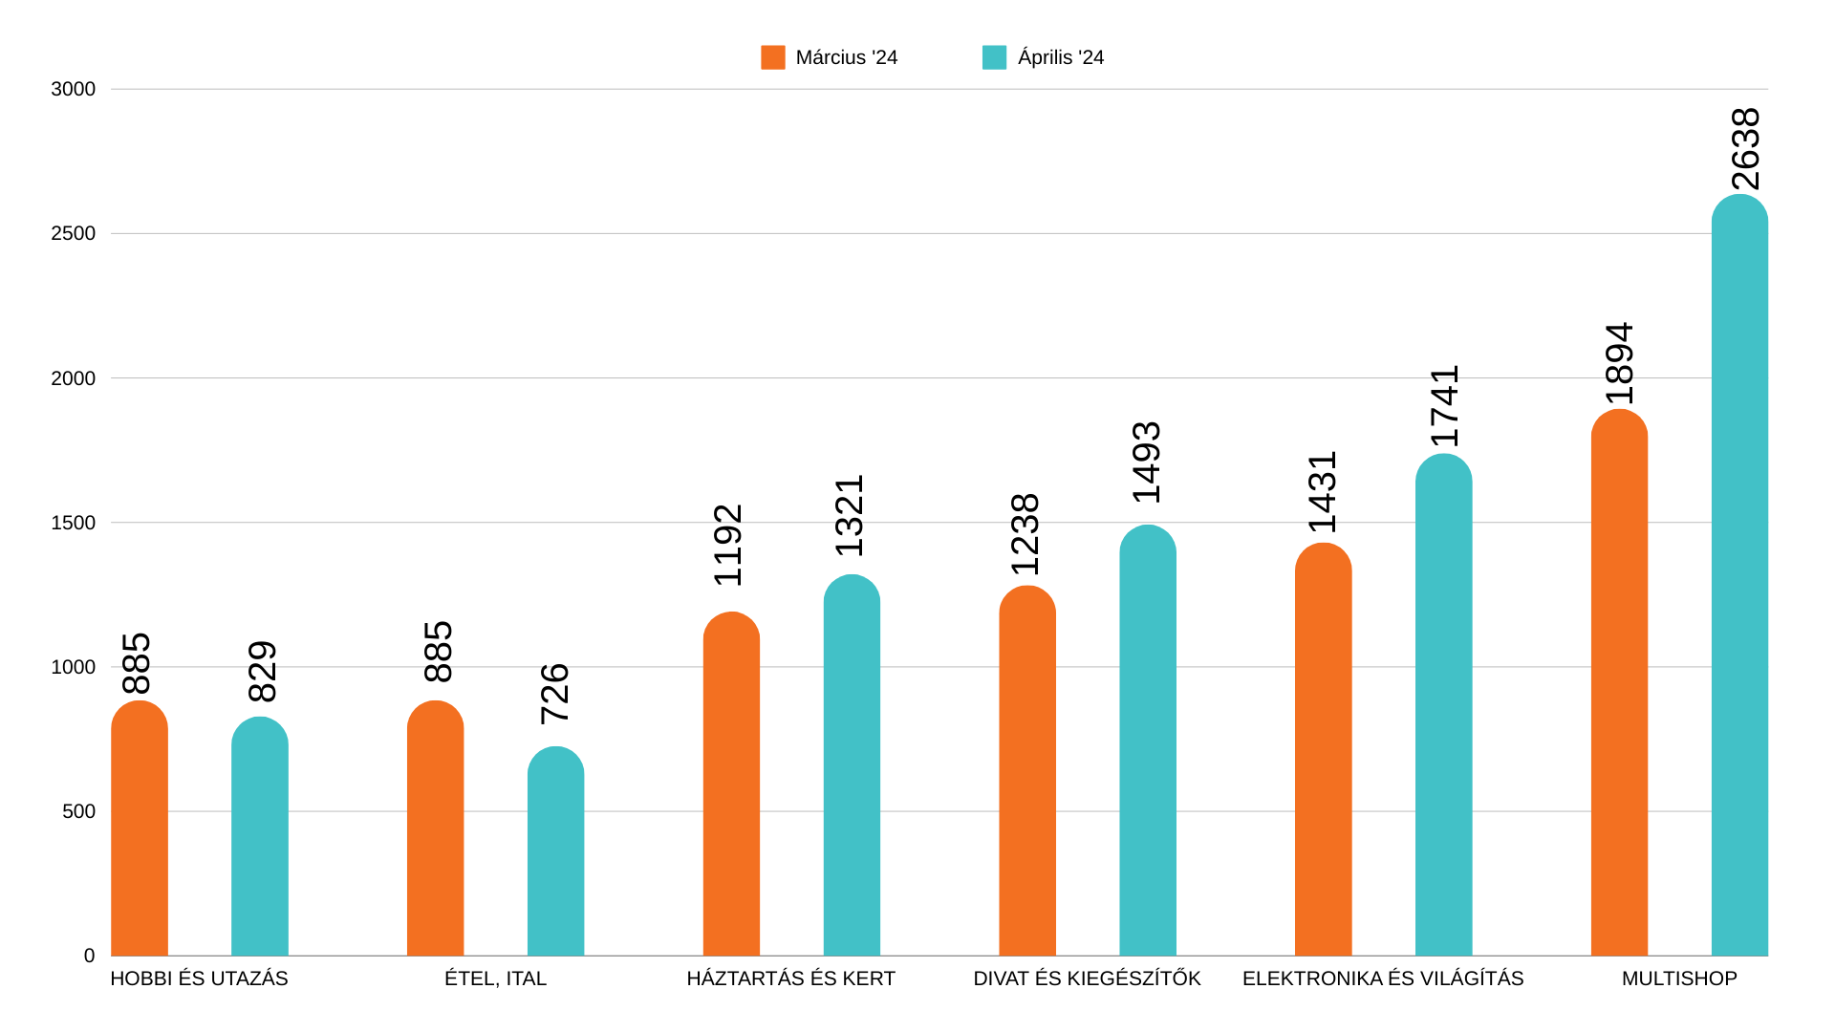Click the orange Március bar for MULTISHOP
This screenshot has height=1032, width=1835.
coord(1619,683)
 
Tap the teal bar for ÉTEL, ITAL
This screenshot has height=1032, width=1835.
coord(555,851)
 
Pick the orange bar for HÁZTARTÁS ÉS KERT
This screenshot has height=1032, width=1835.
coord(731,784)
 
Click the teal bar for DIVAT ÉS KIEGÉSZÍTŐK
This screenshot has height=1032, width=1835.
coord(1148,741)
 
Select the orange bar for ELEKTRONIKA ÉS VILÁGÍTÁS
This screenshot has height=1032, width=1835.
coord(1323,749)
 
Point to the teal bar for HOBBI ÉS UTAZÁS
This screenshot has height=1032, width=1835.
coord(260,836)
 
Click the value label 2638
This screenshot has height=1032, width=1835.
coord(1745,149)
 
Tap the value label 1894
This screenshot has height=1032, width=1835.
coord(1619,364)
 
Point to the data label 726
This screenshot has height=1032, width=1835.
coord(555,694)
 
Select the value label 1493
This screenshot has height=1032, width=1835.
coord(1147,462)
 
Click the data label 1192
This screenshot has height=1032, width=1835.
coord(728,545)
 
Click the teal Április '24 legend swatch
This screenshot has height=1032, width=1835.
coord(994,57)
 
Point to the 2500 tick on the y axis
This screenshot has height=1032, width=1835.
coord(74,233)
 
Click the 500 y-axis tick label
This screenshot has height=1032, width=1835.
coord(79,811)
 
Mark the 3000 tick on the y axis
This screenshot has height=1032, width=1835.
coord(74,89)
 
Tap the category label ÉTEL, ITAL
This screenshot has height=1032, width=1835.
coord(495,978)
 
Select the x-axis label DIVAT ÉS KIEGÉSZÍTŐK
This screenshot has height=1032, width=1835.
coord(1087,978)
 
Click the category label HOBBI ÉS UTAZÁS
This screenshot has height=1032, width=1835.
coord(199,978)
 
